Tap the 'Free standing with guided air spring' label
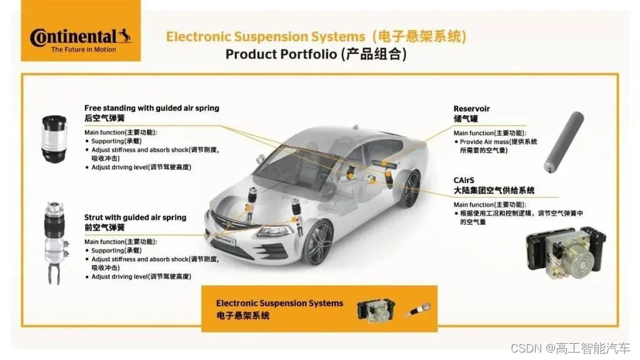click(152, 108)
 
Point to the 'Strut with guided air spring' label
click(135, 217)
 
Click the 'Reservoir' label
click(471, 109)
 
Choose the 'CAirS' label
click(464, 180)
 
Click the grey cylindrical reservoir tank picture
click(563, 142)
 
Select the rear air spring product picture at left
click(54, 139)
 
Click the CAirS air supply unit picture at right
click(566, 249)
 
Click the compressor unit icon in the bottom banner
click(376, 309)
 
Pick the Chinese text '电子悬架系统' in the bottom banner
click(243, 316)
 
